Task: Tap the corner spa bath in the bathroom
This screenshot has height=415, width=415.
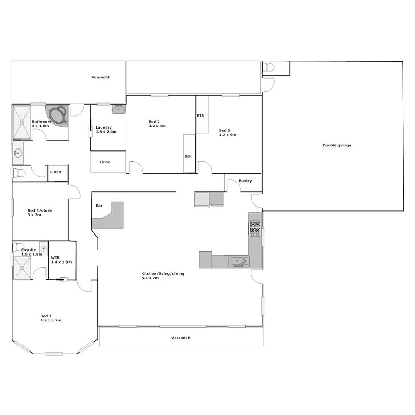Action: click(57, 115)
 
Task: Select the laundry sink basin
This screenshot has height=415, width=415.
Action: click(118, 109)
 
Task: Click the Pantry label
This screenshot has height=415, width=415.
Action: click(245, 181)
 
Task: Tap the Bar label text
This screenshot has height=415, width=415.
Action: click(99, 206)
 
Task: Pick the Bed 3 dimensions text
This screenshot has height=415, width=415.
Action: click(227, 134)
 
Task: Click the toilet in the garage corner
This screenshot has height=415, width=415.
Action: click(269, 68)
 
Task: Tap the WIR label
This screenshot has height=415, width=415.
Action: click(56, 257)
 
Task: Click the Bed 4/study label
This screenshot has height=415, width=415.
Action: click(40, 210)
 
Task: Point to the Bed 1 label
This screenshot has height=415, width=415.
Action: click(46, 316)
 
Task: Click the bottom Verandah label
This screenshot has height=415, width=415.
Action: click(181, 338)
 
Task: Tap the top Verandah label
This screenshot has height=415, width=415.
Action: click(101, 77)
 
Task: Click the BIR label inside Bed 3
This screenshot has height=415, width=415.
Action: click(200, 116)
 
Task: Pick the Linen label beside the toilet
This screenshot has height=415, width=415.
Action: click(56, 172)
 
